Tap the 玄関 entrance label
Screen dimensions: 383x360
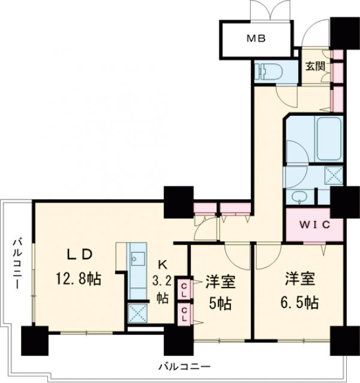tap(316, 66)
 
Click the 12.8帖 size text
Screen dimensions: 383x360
tap(80, 279)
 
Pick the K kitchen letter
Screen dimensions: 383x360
tap(163, 264)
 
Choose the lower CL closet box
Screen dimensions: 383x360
tap(183, 312)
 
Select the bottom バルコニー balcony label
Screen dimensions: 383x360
tap(185, 365)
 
